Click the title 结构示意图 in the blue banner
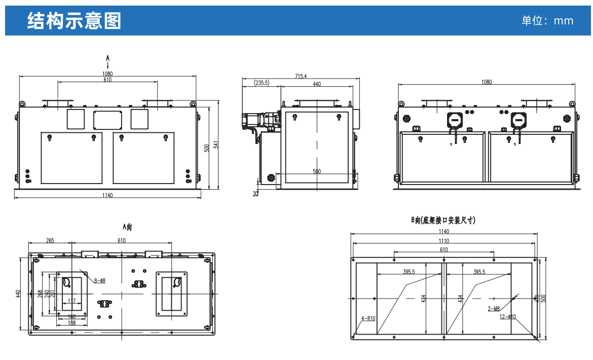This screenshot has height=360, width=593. point(74,21)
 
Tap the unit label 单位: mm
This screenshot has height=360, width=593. point(547,21)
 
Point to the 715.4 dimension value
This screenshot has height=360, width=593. point(301,76)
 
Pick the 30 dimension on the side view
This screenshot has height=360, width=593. point(255,193)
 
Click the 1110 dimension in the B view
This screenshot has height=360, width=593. point(444,241)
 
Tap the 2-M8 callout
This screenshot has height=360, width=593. point(494,308)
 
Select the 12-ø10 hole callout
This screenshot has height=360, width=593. point(507,317)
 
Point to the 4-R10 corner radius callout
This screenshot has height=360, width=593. point(368,318)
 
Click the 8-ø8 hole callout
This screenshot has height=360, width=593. point(99,280)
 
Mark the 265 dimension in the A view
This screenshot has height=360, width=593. point(50,241)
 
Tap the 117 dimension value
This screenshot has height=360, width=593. point(71,301)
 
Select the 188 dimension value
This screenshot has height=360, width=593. point(71,322)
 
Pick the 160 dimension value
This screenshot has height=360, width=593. point(71,317)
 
